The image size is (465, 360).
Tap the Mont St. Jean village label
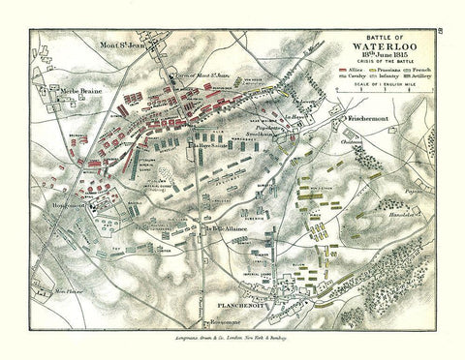click(133, 45)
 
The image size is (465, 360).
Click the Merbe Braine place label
click(57, 89)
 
